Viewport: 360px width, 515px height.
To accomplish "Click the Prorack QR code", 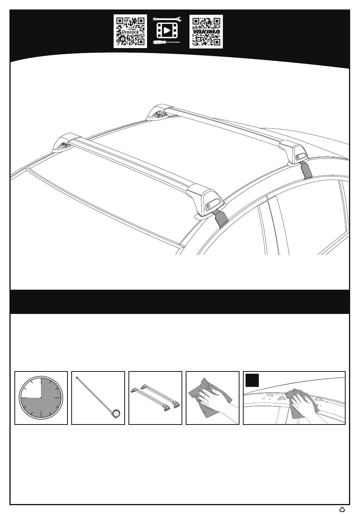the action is [x=130, y=31].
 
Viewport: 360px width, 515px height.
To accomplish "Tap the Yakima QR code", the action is [x=206, y=31].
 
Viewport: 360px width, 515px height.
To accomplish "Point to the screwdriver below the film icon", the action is [x=166, y=42].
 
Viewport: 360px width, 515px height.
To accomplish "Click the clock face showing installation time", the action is [x=41, y=398].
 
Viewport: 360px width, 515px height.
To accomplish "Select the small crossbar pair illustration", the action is [x=155, y=398].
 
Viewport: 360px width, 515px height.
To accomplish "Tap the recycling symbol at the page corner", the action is [x=342, y=509].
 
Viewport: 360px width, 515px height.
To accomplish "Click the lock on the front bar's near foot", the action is [x=210, y=206].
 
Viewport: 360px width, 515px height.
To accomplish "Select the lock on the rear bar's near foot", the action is [x=299, y=157].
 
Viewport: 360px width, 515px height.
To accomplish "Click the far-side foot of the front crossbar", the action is [x=64, y=143].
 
